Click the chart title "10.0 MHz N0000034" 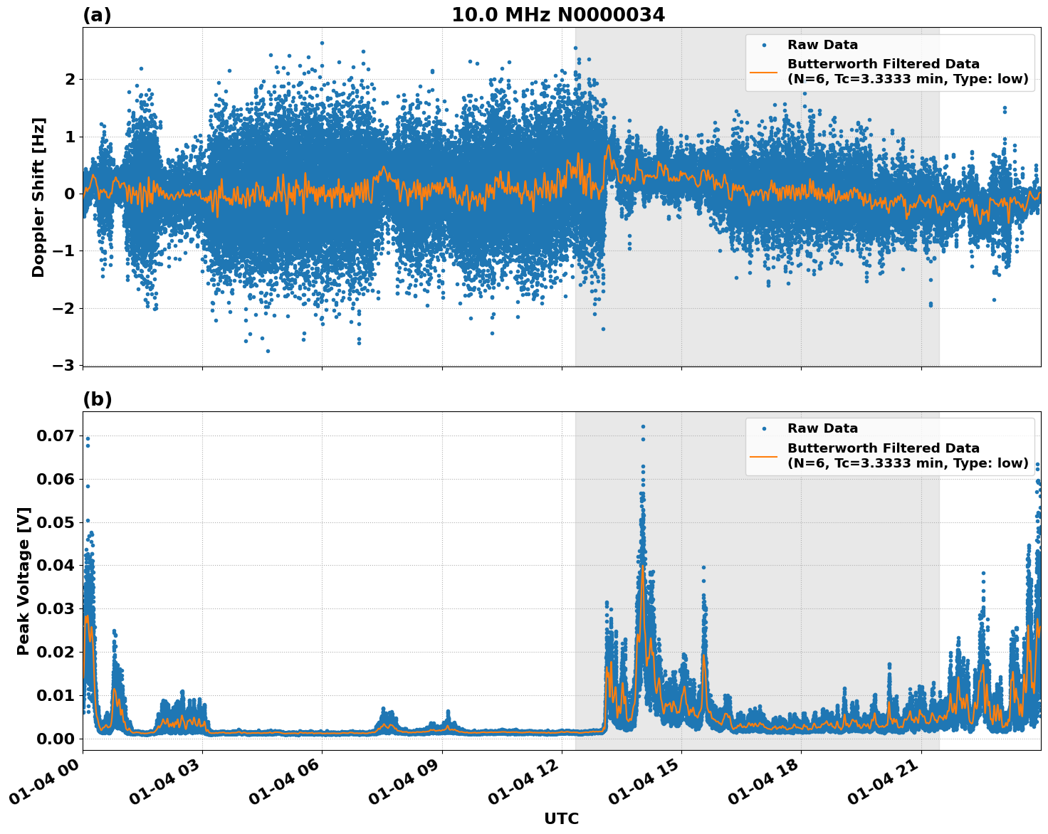click(558, 15)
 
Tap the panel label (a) click(97, 15)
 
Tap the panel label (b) click(97, 399)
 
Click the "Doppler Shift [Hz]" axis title click(38, 197)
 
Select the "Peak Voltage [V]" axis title click(23, 581)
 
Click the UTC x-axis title click(561, 818)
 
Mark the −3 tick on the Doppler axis click(63, 365)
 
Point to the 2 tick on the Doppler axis click(70, 79)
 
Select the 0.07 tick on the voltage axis click(55, 436)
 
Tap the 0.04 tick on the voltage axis click(55, 566)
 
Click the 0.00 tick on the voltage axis click(55, 739)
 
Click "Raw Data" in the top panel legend click(822, 46)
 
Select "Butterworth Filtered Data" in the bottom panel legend click(883, 448)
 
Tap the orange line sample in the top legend click(764, 71)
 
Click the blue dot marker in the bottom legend click(764, 429)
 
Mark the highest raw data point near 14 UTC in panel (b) click(643, 426)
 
